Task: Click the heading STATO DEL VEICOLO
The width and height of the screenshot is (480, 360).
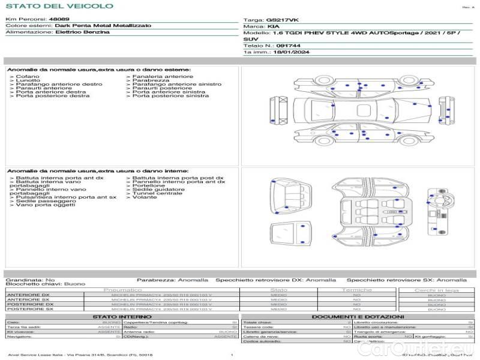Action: point(59,6)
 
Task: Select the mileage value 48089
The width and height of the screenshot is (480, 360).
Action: point(59,19)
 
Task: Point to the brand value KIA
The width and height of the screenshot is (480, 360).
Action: point(272,27)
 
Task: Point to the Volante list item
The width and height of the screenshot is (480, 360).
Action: point(144,197)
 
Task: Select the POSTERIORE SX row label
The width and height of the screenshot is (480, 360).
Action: point(29,309)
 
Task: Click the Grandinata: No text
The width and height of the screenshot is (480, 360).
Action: point(30,280)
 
